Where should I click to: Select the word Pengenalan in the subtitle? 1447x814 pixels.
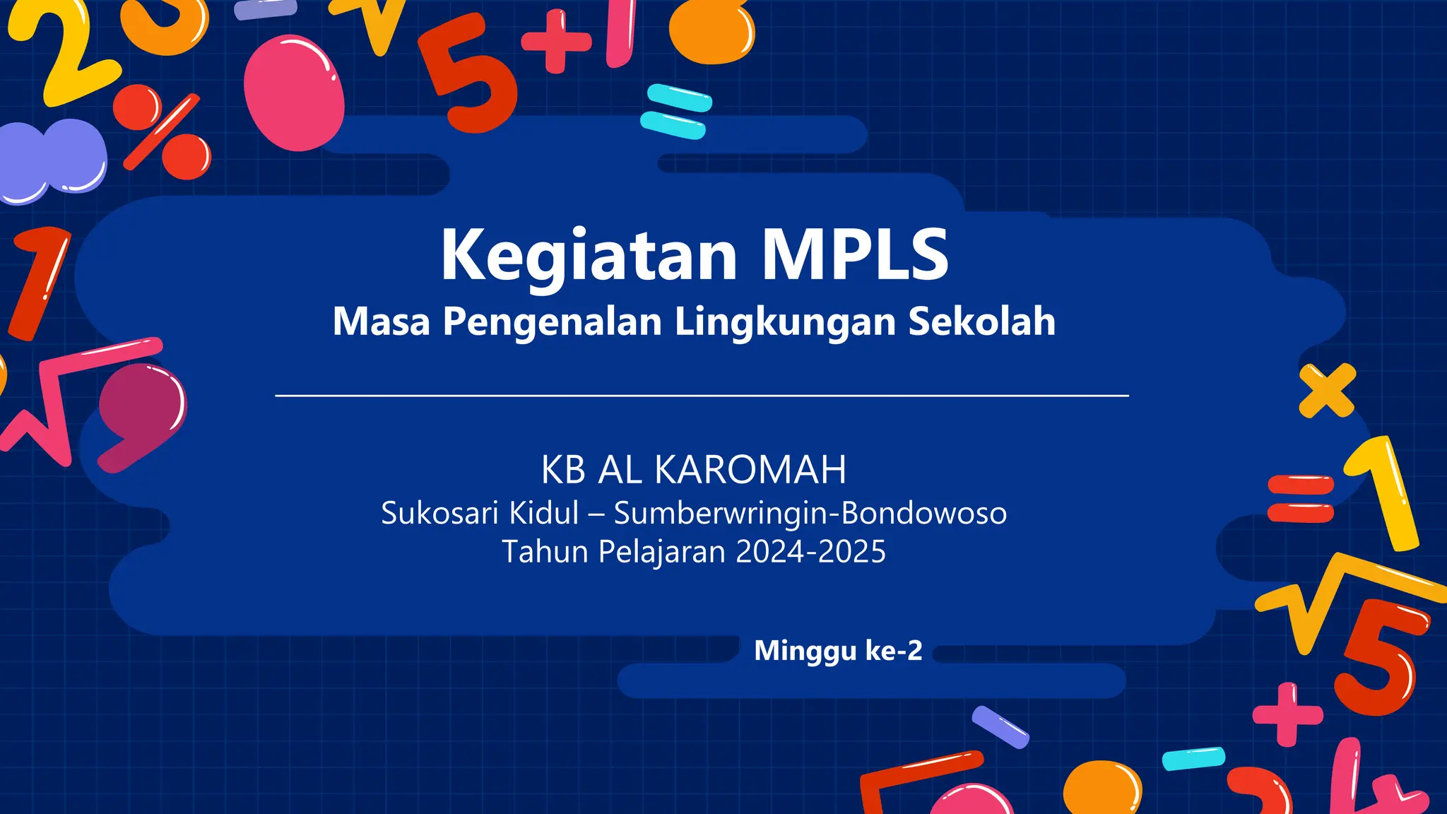coord(552,322)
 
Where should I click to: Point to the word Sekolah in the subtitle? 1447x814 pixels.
coord(981,322)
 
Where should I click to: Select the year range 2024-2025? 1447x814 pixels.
coord(810,552)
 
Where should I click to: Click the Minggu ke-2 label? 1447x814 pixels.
coord(838,651)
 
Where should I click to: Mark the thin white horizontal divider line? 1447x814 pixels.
coord(702,396)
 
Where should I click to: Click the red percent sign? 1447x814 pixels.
coord(162,131)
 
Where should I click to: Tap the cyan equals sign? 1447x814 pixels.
coord(675,112)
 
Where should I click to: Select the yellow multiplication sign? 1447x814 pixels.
coord(1327,390)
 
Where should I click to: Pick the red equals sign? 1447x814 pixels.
coord(1300,499)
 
